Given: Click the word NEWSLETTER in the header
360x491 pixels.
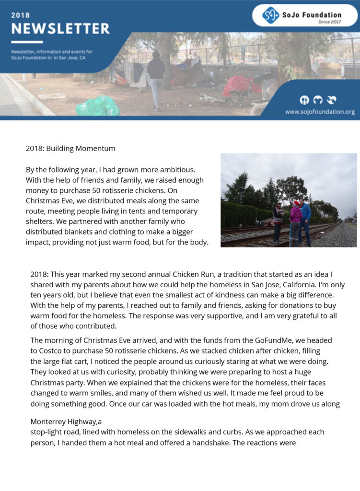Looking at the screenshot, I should point(60,29).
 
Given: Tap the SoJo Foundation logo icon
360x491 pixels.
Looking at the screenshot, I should point(270,15).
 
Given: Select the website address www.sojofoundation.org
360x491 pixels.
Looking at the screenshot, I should point(320,112).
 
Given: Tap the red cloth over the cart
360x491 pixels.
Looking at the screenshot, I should point(238,85).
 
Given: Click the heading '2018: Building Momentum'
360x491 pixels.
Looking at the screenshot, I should point(70,148).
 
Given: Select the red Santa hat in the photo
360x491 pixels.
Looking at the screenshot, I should point(296,204).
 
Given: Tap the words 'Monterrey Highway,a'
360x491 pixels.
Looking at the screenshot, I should point(66,422).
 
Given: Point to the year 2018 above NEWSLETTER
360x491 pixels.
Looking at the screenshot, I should point(20,15).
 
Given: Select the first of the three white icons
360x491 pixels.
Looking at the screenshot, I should point(304,100).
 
